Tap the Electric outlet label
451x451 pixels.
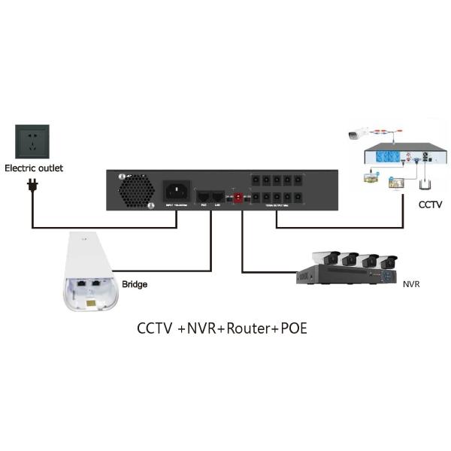35,168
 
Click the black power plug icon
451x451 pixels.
32,184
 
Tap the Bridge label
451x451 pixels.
135,285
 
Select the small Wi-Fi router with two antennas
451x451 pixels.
426,182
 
